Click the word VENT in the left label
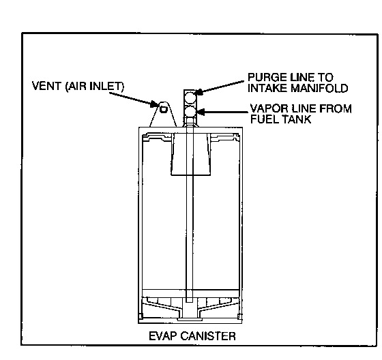[47, 86]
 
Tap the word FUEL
[265, 119]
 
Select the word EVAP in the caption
[163, 336]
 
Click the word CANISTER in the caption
[208, 336]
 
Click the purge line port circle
[190, 97]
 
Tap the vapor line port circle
[190, 111]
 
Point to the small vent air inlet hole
[164, 109]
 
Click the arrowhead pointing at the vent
[155, 104]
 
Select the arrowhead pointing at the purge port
[200, 91]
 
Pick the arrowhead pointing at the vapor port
[201, 112]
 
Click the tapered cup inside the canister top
[190, 154]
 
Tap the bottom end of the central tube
[190, 302]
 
